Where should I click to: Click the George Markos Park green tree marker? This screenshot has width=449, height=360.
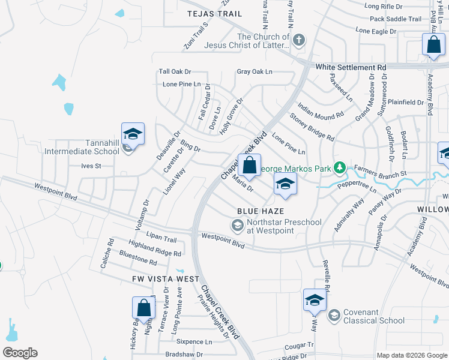[x=340, y=167]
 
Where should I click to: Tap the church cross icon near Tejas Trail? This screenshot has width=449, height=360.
[x=298, y=41]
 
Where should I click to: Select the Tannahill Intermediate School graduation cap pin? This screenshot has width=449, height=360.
[x=133, y=134]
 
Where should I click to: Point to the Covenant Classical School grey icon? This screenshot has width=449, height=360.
[x=334, y=316]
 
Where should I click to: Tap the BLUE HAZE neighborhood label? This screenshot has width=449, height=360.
[x=260, y=211]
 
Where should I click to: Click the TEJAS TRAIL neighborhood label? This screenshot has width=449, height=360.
[x=214, y=13]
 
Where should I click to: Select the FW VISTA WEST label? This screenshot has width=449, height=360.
[x=166, y=279]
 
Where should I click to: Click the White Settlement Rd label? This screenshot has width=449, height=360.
[x=351, y=68]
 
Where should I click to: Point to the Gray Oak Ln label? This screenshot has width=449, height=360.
[x=255, y=71]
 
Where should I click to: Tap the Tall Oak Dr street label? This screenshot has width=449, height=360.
[x=175, y=71]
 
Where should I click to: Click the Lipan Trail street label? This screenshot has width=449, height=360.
[x=161, y=238]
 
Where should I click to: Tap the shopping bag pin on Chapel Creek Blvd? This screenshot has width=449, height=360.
[x=249, y=165]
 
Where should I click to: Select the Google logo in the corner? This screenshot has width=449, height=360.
[x=20, y=353]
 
